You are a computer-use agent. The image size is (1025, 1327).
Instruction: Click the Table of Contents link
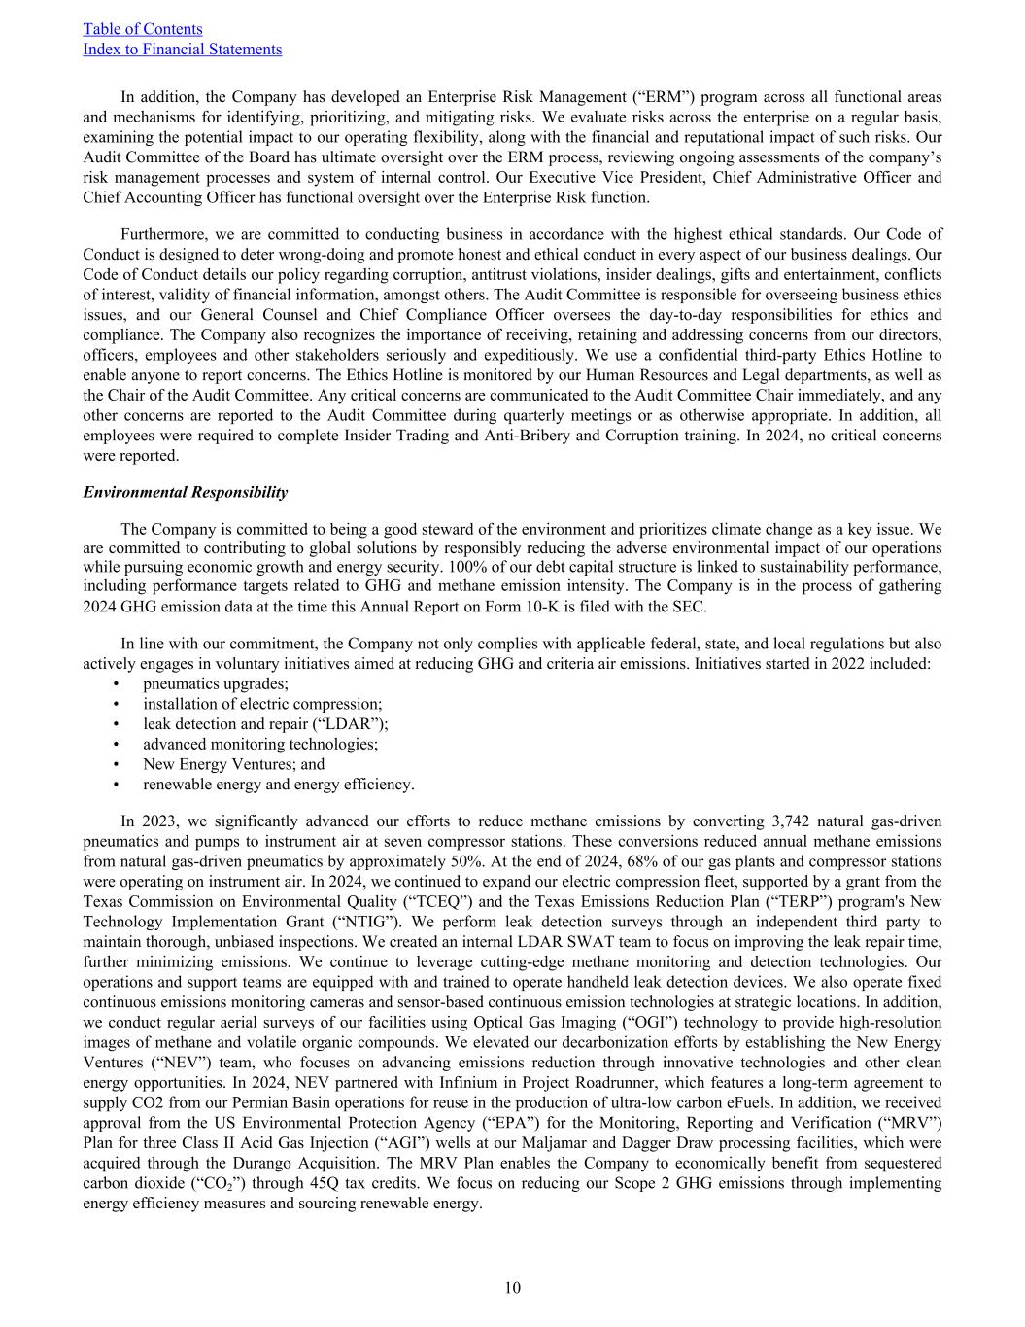(x=143, y=29)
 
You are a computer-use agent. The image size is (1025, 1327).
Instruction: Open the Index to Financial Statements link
(x=183, y=49)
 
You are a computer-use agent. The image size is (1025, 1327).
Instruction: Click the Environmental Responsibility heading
(x=185, y=492)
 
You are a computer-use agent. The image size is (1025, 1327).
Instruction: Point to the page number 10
(x=512, y=1288)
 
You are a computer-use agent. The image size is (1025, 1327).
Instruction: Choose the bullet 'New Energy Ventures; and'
(x=233, y=764)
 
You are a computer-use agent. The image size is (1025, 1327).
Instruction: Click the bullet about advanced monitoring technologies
(x=260, y=744)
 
